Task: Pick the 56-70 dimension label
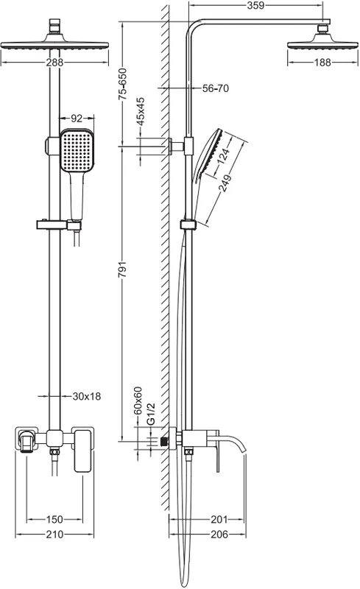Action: tap(216, 88)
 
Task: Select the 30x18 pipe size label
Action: tap(87, 396)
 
